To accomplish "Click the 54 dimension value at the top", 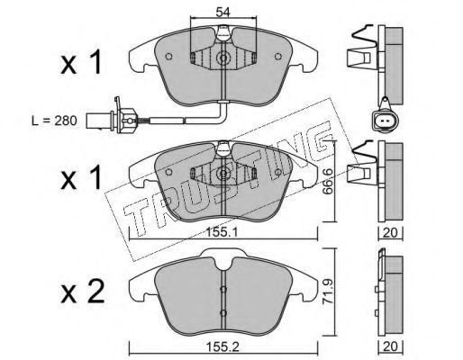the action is pyautogui.click(x=223, y=13).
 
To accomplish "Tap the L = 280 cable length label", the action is pyautogui.click(x=55, y=121).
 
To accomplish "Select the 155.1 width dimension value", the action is pyautogui.click(x=222, y=232).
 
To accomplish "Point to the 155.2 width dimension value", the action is pyautogui.click(x=222, y=347).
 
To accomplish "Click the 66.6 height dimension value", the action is pyautogui.click(x=329, y=181).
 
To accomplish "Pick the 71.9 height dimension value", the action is pyautogui.click(x=328, y=292).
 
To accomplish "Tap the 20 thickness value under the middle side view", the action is pyautogui.click(x=390, y=232).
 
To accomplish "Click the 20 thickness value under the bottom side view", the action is pyautogui.click(x=390, y=346).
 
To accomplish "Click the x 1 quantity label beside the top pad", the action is pyautogui.click(x=81, y=62).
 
